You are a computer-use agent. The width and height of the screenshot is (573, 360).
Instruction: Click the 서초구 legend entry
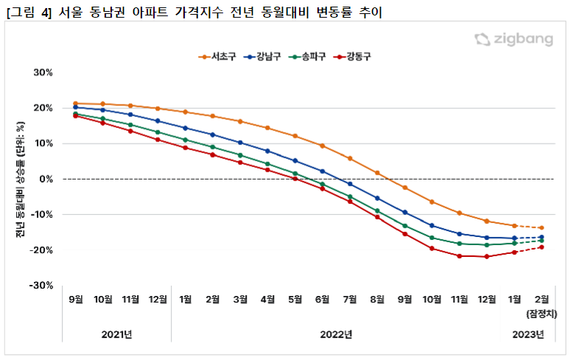click(219, 56)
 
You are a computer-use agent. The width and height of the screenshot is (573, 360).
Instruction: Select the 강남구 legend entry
click(264, 56)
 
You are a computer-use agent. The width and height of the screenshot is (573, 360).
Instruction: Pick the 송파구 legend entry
click(309, 56)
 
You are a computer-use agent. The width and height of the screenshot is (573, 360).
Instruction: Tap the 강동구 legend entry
click(354, 56)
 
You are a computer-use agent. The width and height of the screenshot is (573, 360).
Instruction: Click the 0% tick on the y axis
click(47, 179)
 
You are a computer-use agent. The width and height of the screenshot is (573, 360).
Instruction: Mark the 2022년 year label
click(337, 335)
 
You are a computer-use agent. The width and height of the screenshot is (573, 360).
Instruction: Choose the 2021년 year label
click(116, 335)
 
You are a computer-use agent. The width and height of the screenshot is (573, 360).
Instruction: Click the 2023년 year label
click(528, 335)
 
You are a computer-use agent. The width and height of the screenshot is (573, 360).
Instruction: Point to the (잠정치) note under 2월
click(542, 314)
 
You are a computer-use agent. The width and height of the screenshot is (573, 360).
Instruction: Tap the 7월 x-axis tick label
click(350, 299)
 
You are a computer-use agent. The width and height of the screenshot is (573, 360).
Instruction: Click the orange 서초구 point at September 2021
click(76, 104)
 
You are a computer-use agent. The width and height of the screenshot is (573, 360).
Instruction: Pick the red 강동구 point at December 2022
click(487, 256)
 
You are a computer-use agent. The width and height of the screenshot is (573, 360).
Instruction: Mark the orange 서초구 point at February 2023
click(541, 228)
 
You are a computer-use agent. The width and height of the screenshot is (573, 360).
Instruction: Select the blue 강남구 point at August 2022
click(377, 198)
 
